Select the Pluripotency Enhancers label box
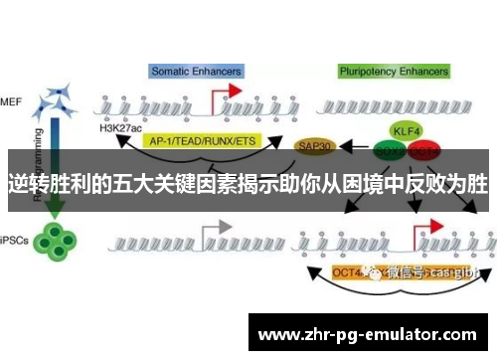[x=394, y=71]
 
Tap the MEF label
[x=11, y=100]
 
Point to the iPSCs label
[x=13, y=240]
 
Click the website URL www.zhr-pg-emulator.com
[x=367, y=334]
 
